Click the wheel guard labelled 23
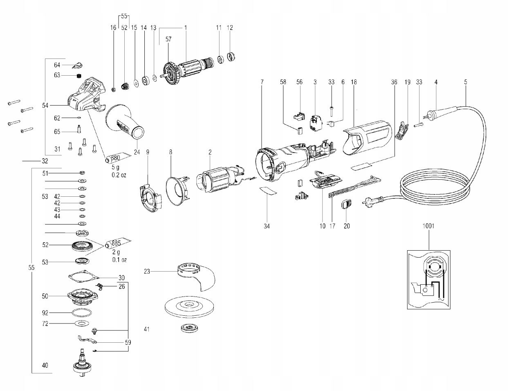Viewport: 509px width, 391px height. coord(196,274)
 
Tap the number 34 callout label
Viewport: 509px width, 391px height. coord(267,226)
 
